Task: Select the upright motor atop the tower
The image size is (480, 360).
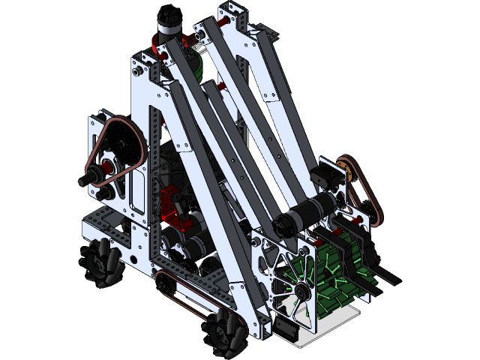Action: coord(166,26)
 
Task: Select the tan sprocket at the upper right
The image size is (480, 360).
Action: coord(346,168)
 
